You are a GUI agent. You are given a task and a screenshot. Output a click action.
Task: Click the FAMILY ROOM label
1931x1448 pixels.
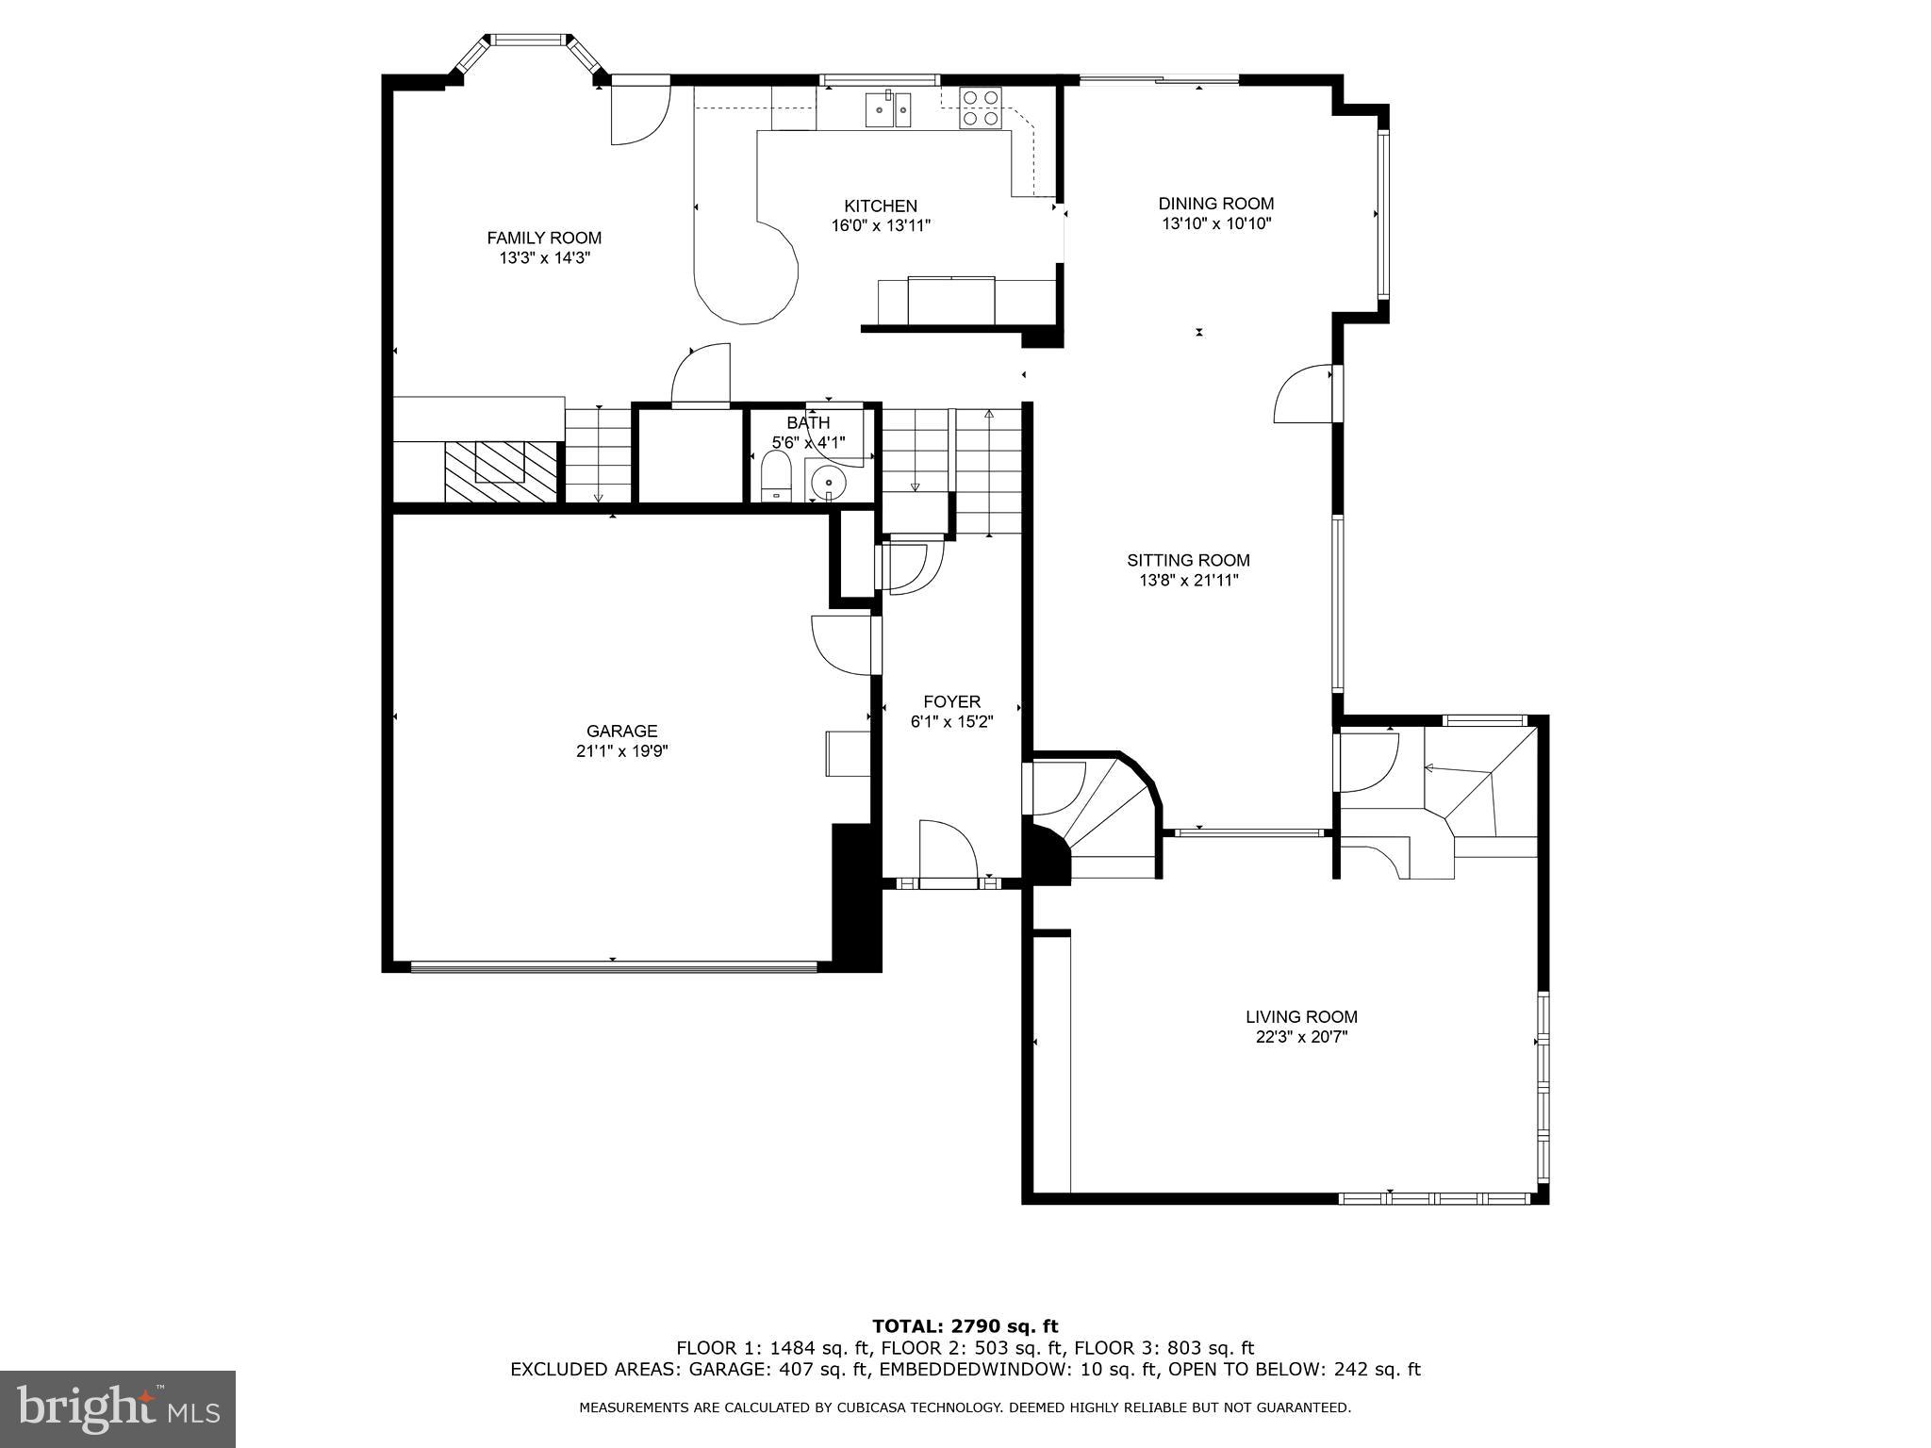tap(544, 239)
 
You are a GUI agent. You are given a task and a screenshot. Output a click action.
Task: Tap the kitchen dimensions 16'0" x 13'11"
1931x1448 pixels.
tap(880, 226)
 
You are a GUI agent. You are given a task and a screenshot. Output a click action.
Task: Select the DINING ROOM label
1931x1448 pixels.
tap(1215, 204)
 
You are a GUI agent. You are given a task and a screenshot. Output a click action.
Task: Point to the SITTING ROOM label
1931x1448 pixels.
tap(1188, 560)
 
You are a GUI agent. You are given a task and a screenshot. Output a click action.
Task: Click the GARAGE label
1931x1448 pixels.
tap(621, 731)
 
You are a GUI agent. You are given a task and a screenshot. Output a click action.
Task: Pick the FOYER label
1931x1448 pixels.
tap(951, 701)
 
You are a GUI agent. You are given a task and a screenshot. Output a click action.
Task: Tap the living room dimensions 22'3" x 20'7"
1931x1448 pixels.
tap(1301, 1037)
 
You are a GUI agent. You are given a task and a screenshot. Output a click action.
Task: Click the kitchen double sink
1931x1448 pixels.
tap(889, 110)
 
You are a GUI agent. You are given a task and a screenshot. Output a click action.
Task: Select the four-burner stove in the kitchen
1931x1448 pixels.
tap(981, 107)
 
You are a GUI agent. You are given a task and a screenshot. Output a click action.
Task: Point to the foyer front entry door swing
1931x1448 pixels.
tap(946, 851)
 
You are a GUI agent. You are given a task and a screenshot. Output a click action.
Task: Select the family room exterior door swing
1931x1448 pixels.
tap(639, 114)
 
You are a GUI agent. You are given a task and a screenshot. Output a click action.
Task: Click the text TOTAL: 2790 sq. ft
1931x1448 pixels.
tap(965, 1326)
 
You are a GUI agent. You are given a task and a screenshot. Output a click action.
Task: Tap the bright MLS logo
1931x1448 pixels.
tap(118, 1408)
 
